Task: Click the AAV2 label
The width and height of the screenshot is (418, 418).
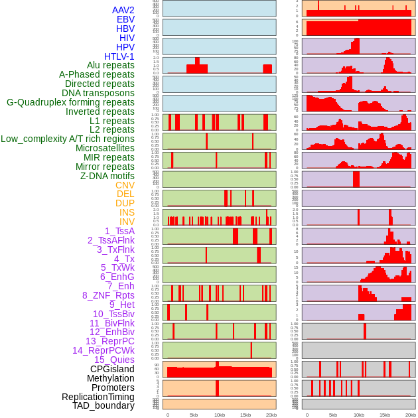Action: coord(123,10)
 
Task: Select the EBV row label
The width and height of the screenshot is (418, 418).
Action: coord(125,19)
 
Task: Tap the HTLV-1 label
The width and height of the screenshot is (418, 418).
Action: coord(119,56)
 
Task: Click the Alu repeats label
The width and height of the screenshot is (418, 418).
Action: coord(111,65)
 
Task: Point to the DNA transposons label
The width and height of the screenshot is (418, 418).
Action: coord(98,93)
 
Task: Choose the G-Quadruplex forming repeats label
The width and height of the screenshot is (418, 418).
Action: coord(70,102)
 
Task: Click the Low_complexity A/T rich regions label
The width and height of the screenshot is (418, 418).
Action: coord(68,139)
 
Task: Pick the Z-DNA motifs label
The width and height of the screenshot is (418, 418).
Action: coord(107,176)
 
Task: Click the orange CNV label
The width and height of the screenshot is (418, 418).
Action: coord(125,185)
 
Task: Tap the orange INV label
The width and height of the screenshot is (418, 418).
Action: coord(127,222)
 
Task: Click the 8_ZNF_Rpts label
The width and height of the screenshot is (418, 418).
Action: coord(108,295)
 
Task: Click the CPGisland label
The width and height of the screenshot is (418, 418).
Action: coord(112,369)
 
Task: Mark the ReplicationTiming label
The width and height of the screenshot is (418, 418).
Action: coord(98,397)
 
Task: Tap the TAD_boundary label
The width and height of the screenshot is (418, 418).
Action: coord(104,405)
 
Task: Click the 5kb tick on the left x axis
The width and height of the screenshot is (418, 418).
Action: coord(194,415)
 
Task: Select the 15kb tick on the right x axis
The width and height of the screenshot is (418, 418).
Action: coord(385,415)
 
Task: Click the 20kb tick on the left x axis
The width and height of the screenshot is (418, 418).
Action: coord(271,415)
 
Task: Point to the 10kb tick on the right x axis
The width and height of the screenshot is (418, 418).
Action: coord(359,415)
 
